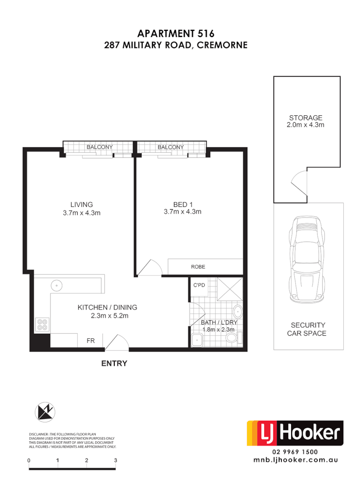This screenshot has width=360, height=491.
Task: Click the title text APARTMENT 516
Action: [176, 33]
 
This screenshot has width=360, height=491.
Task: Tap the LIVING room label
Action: [81, 204]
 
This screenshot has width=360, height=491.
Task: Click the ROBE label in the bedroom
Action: [198, 267]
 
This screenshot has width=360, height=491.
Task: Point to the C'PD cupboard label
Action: [199, 285]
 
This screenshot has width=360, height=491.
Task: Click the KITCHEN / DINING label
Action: [107, 307]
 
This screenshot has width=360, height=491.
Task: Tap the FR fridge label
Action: [91, 341]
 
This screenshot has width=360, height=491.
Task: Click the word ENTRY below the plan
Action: [114, 364]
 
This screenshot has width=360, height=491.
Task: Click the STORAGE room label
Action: [306, 118]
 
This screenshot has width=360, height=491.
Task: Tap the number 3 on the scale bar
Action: [115, 460]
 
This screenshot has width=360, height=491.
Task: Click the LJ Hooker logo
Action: [295, 433]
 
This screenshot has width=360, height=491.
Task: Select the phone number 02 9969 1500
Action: [295, 451]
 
